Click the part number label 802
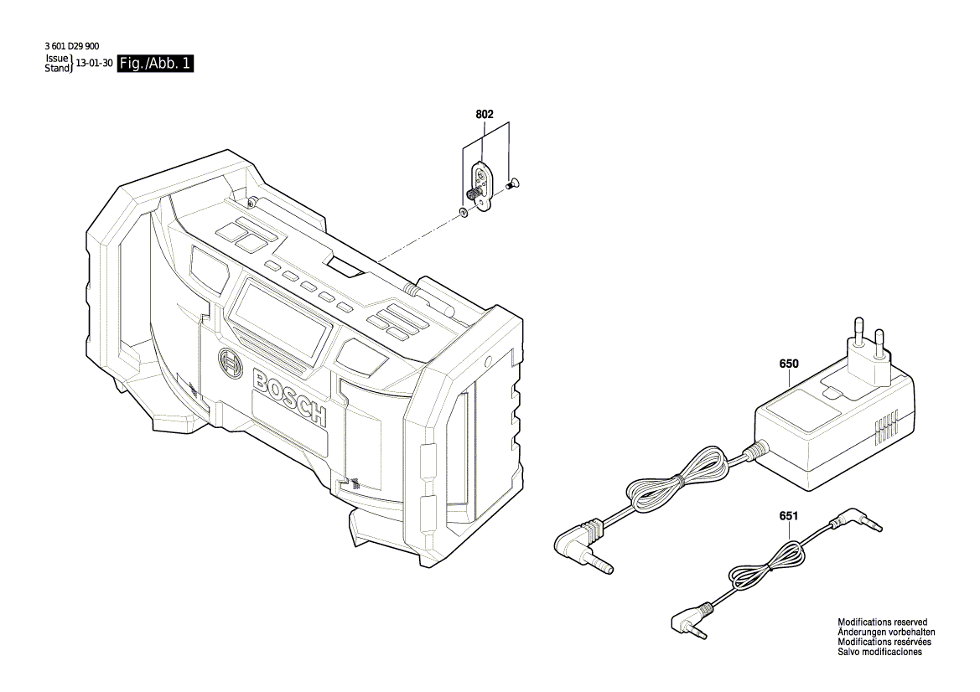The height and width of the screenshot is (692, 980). tap(485, 114)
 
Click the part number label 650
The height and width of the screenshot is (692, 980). tap(788, 364)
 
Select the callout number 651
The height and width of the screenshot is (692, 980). tap(788, 516)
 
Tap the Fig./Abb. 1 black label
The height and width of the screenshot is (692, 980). tap(156, 64)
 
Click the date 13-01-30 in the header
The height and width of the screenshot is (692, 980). tap(94, 64)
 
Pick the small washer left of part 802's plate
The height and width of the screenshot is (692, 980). tap(464, 213)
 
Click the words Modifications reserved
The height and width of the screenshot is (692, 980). tap(883, 622)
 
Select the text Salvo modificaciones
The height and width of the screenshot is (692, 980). tap(879, 652)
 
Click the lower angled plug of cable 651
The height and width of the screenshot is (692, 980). tap(689, 621)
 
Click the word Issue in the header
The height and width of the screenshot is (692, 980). tap(56, 59)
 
